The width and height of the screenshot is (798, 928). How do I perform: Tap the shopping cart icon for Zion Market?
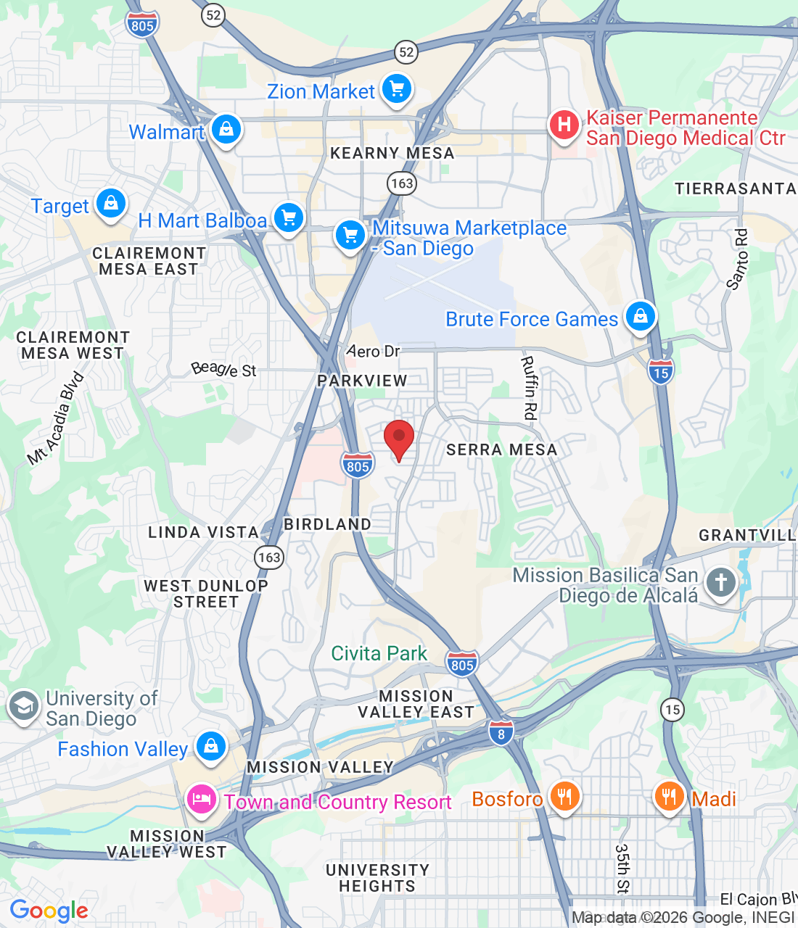point(396,90)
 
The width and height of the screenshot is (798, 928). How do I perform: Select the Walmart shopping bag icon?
point(226,130)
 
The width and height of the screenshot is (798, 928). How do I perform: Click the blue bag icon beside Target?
point(111,204)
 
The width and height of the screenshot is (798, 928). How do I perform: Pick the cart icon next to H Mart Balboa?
point(289,217)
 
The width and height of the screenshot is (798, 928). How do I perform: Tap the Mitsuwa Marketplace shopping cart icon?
point(350,236)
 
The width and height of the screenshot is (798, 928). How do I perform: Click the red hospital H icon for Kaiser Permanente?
point(564,125)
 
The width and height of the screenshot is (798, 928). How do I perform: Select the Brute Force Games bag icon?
point(640,317)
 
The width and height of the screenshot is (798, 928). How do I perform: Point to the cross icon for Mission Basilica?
point(720,582)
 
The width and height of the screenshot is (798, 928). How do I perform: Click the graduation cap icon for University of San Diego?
point(24,706)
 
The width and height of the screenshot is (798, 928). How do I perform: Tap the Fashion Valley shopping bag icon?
point(211,746)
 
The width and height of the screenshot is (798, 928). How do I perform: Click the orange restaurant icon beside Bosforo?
point(564,797)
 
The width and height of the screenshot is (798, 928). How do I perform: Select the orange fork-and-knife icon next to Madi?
point(669,797)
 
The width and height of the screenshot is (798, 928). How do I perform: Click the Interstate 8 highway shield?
point(501,732)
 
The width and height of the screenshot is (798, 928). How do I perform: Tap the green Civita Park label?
point(379,653)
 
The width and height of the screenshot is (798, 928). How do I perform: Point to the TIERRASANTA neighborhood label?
point(735,188)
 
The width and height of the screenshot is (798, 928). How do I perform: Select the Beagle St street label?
point(223,370)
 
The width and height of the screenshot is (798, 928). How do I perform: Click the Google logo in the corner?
point(49,911)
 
